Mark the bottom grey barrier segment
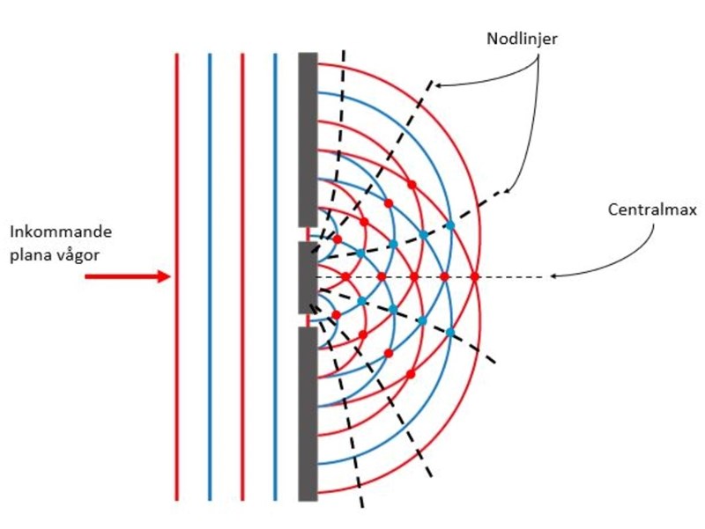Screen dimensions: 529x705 [308, 414]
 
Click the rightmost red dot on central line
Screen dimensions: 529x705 [474, 276]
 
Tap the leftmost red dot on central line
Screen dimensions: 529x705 [345, 276]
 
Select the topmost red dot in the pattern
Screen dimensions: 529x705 [412, 184]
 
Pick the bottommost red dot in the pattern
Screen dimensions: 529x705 [412, 374]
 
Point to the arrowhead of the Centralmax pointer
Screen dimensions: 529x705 [553, 276]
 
